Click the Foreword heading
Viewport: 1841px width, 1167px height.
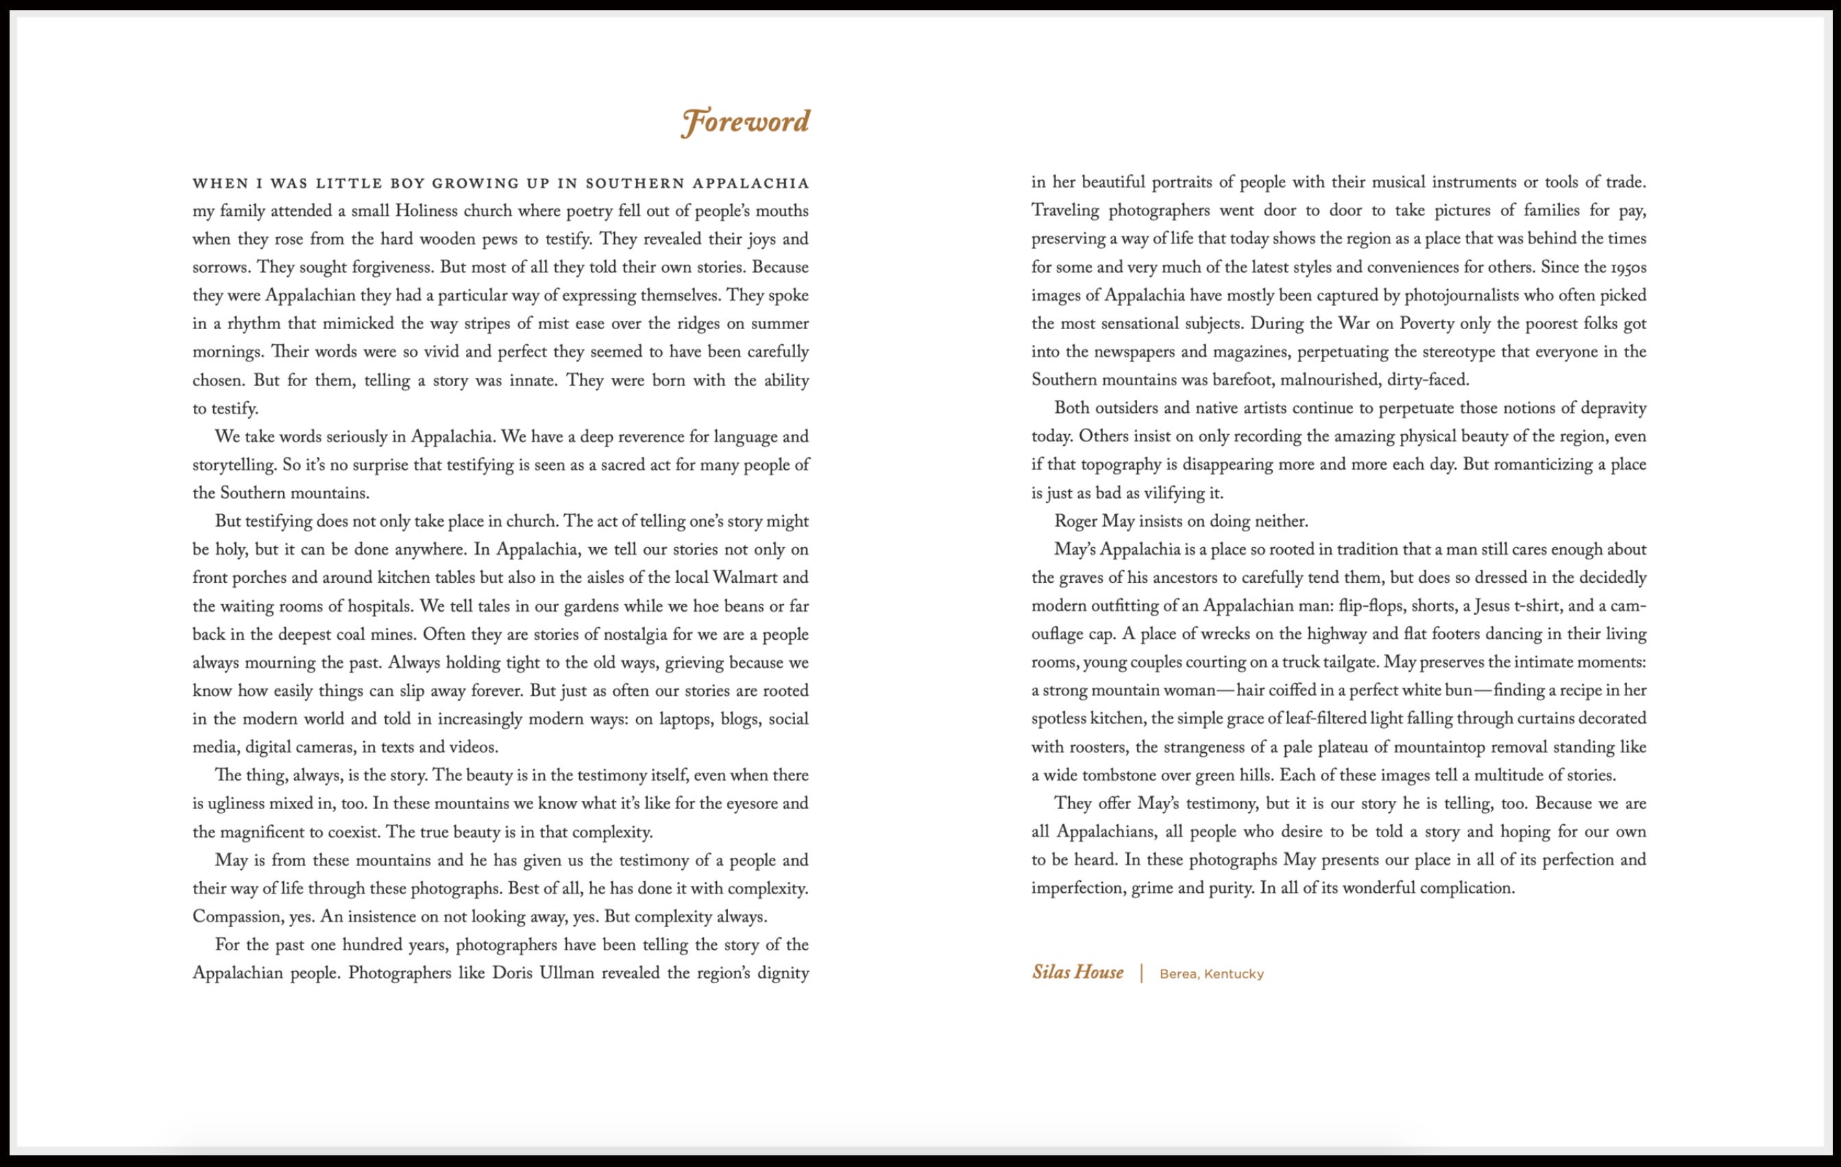746,122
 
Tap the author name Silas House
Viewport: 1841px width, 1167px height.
1077,973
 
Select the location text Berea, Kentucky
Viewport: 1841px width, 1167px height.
1211,974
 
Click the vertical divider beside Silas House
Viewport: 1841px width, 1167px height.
1141,973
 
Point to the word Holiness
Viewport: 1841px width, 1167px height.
424,211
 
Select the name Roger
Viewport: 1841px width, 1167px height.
1075,522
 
